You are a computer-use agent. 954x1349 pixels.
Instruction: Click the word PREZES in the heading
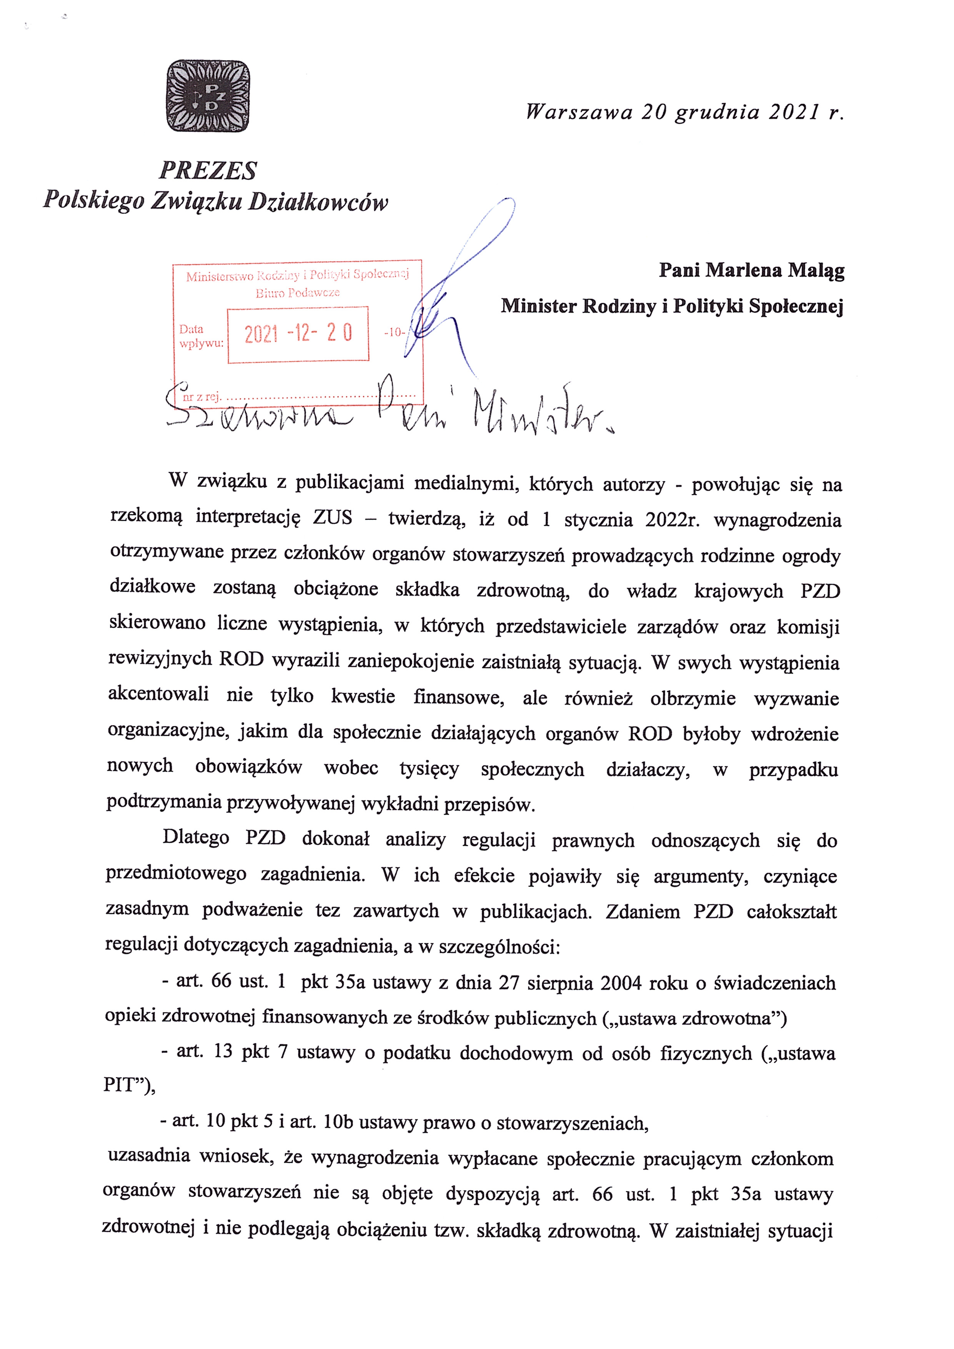pos(208,171)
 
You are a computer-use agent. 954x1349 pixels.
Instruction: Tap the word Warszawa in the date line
pos(579,112)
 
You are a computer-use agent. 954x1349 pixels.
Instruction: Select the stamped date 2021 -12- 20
pos(298,334)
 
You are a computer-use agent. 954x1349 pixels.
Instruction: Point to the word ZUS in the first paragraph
pos(333,518)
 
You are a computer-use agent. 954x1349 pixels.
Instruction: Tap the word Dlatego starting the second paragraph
pos(196,837)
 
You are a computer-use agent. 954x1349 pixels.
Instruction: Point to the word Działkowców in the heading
pos(318,202)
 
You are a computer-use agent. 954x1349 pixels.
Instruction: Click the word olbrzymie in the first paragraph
pos(693,698)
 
